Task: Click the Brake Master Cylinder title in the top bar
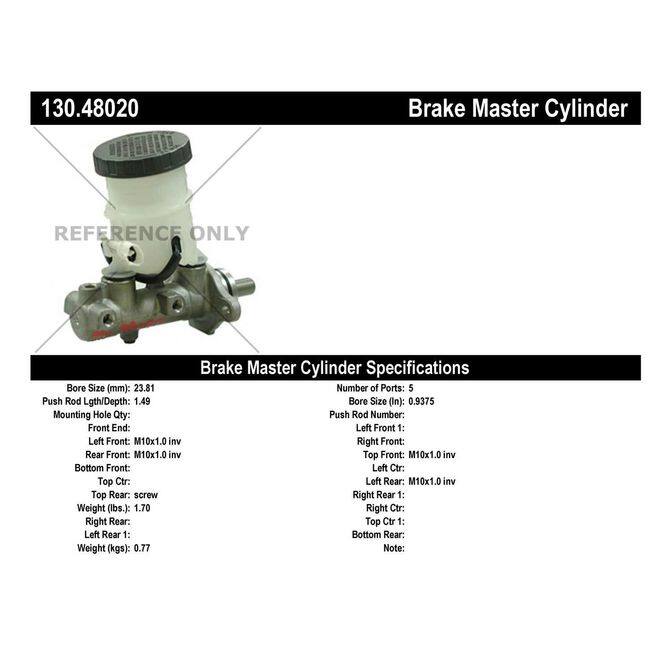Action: coord(517,109)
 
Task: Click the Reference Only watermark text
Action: coord(151,234)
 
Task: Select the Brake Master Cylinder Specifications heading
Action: coord(335,367)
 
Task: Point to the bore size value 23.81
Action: coord(146,387)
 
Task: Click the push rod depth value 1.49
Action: coord(143,400)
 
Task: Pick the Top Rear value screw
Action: coord(147,494)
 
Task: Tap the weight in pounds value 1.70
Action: coord(143,508)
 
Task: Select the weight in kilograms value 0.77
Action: coord(143,548)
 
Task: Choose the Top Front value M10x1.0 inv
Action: coord(432,454)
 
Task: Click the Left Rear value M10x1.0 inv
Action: coord(432,481)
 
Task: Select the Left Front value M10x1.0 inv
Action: coord(157,441)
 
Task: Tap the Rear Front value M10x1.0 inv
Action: coord(157,454)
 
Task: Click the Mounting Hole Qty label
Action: coord(91,414)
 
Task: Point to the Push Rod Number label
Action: coord(367,414)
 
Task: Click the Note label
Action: coord(393,548)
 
